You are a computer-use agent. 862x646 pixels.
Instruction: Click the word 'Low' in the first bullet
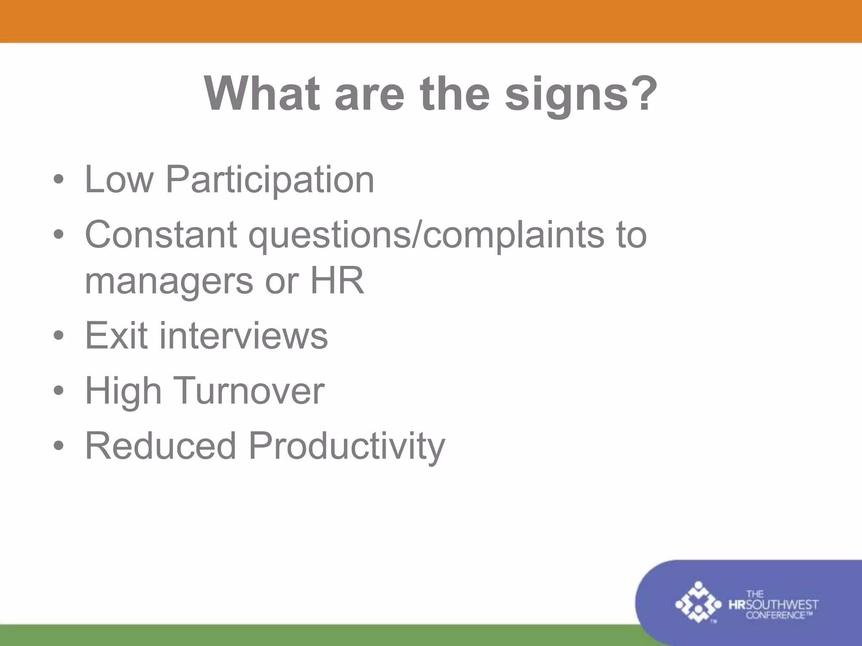click(119, 180)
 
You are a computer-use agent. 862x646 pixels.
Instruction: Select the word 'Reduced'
click(160, 446)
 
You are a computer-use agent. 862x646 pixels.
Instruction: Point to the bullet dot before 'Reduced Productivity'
click(59, 446)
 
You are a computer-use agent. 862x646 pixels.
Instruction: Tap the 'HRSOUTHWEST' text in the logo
click(773, 605)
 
